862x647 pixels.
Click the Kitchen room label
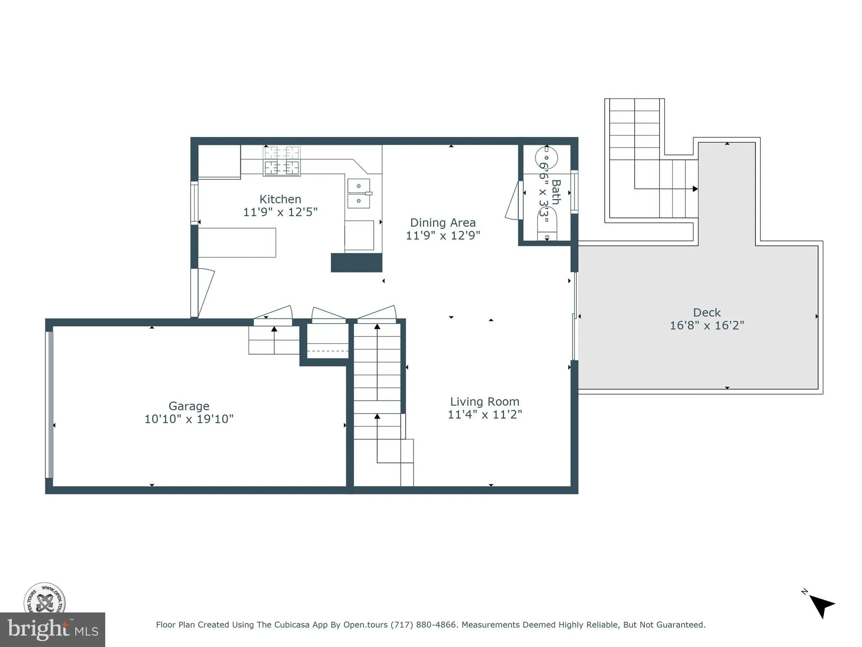click(x=280, y=199)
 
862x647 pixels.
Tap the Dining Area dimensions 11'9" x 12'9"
click(x=443, y=235)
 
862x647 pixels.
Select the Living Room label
click(x=484, y=401)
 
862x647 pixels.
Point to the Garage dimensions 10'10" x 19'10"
click(x=189, y=419)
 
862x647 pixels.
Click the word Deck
click(x=707, y=313)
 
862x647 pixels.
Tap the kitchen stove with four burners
click(x=282, y=160)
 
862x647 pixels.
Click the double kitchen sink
click(x=359, y=193)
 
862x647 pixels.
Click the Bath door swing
click(x=513, y=201)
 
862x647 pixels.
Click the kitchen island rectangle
click(x=237, y=243)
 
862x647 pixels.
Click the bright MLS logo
click(x=52, y=630)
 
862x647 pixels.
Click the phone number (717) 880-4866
click(x=423, y=625)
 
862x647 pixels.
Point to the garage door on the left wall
click(x=49, y=404)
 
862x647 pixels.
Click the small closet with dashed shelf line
click(x=327, y=341)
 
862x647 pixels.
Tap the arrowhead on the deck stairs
click(x=695, y=189)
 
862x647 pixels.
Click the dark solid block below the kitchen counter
click(x=356, y=262)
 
